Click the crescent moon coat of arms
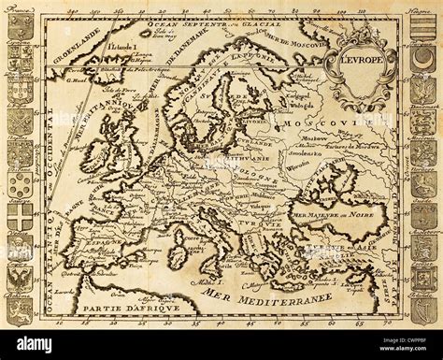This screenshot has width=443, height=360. tap(422, 60)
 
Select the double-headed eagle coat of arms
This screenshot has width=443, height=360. tap(20, 278)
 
